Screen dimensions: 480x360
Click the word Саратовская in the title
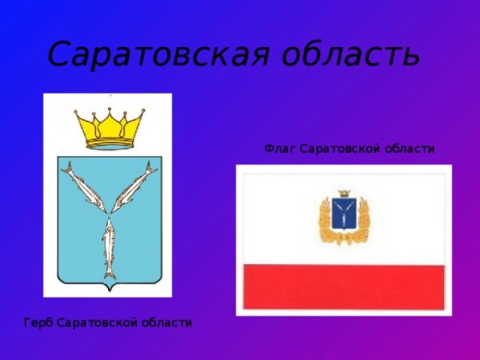[x=158, y=54]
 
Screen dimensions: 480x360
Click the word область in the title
[x=351, y=53]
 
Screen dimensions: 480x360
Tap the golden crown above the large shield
[x=110, y=129]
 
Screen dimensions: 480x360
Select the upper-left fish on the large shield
[x=84, y=187]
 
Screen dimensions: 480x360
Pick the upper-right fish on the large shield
[x=134, y=186]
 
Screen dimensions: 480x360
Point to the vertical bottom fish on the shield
[x=109, y=248]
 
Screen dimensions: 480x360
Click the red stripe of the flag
[x=344, y=287]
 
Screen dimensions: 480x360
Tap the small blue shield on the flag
[x=344, y=214]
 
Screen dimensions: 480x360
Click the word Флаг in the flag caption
[x=280, y=149]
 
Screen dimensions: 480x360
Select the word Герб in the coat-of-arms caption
[x=39, y=322]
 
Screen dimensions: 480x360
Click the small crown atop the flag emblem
[x=344, y=194]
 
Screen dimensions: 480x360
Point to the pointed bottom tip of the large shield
[x=110, y=290]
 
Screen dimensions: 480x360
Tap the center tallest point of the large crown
[x=110, y=108]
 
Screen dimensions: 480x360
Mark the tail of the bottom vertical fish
[x=110, y=274]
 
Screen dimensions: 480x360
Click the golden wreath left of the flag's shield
[x=326, y=221]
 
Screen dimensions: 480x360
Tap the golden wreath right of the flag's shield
[x=362, y=221]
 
